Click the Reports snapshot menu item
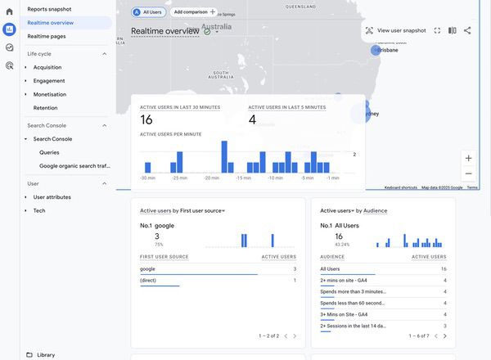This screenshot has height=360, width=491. [48, 8]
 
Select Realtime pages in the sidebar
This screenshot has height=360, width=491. [46, 36]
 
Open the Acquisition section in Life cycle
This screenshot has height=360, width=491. [47, 67]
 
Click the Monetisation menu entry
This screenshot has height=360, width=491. [50, 94]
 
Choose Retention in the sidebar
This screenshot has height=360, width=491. [45, 107]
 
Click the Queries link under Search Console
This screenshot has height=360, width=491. [49, 152]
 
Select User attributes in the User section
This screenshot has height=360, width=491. [52, 197]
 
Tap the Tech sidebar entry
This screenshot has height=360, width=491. [39, 210]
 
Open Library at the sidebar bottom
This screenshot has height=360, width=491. [46, 354]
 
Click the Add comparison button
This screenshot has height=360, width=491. [194, 12]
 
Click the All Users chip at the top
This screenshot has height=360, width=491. [147, 12]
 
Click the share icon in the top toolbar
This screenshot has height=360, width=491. [467, 30]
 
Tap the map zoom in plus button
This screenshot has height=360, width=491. [468, 158]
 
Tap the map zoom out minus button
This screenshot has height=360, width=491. [468, 173]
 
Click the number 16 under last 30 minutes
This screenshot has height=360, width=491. [146, 120]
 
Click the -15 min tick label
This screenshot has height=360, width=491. [243, 178]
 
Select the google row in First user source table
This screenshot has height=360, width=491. [148, 268]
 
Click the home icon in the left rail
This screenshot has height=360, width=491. [9, 11]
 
